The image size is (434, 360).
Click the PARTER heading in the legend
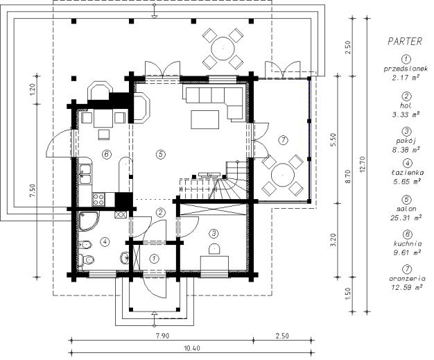[405, 42]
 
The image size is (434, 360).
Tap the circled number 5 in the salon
[161, 154]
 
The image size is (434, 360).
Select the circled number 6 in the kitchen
[107, 154]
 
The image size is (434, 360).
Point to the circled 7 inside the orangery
[283, 140]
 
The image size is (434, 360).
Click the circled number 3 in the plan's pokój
[214, 234]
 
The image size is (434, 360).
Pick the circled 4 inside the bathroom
[105, 242]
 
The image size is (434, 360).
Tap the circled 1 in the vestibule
[154, 259]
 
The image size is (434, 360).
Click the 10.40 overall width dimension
[191, 348]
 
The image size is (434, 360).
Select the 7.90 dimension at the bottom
[162, 336]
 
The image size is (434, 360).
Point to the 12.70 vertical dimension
[363, 164]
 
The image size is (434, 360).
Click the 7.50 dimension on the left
[33, 191]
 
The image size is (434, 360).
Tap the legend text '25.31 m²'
[406, 218]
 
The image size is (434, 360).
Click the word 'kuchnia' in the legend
[408, 243]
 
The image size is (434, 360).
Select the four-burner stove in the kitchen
[99, 199]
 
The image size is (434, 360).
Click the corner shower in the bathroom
[89, 221]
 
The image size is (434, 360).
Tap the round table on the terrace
[223, 49]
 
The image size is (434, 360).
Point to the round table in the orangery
[283, 175]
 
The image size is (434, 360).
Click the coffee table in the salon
[205, 119]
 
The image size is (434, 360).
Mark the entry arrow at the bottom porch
[155, 318]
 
